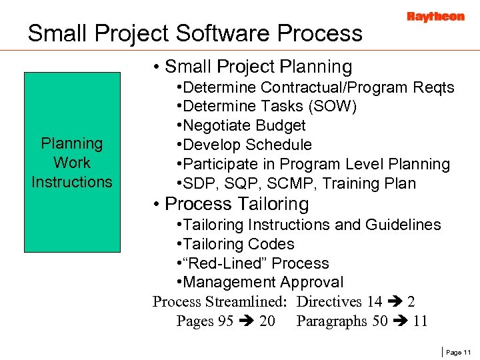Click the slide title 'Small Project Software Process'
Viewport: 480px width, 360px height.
pos(195,33)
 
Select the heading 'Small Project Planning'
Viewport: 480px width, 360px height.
pos(258,67)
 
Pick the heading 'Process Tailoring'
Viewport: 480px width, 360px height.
pos(237,203)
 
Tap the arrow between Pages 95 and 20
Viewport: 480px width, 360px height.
pos(246,321)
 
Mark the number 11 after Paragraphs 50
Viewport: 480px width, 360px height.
pos(420,321)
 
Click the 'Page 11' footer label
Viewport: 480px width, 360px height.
pos(458,351)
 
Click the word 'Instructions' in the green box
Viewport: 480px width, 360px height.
pos(72,181)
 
